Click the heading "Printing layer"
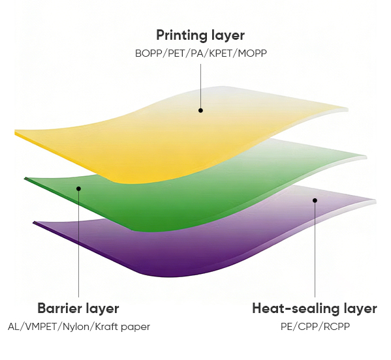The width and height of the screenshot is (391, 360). click(200, 35)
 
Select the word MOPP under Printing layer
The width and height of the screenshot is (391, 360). click(253, 53)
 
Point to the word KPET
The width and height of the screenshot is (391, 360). click(221, 53)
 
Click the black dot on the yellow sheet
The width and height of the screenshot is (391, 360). click(200, 110)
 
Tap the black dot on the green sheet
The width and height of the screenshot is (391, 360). click(78, 188)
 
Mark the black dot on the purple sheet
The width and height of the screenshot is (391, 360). click(315, 200)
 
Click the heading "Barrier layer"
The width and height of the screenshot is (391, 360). click(78, 308)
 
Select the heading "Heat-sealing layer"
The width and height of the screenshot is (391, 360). click(315, 308)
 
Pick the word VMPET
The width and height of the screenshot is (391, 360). click(41, 327)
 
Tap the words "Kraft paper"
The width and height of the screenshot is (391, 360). click(123, 327)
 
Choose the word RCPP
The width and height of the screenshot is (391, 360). click(337, 326)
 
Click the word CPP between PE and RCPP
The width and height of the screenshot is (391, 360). click(307, 326)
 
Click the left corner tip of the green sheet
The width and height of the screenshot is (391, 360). click(25, 179)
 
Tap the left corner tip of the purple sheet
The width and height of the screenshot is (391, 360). click(33, 222)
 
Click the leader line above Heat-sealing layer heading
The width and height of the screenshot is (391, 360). click(315, 250)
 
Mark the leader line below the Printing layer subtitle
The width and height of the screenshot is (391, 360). click(201, 86)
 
